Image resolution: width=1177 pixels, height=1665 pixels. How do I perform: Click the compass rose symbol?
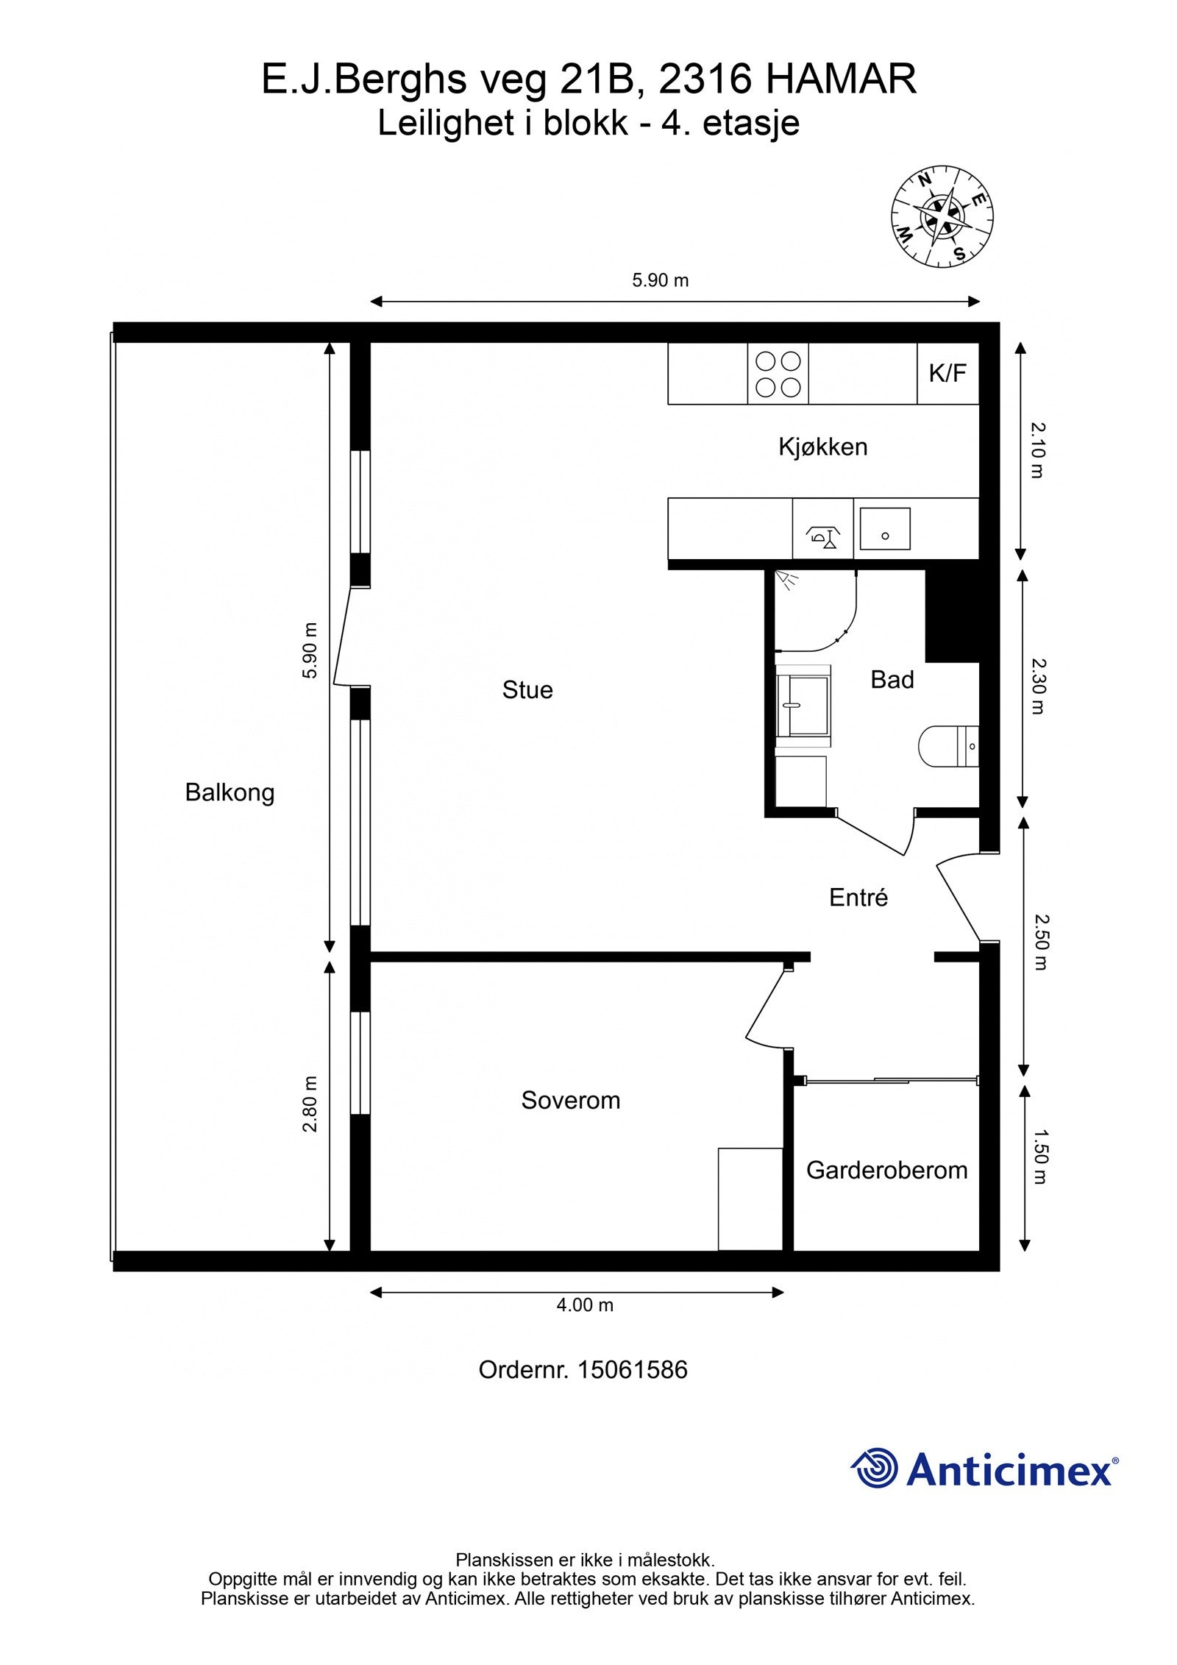[942, 216]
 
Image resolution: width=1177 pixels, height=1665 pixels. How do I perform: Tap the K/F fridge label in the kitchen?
[947, 373]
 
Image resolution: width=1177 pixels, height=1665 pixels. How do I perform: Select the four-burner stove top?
[778, 374]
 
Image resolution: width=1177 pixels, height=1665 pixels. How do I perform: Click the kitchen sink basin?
[885, 528]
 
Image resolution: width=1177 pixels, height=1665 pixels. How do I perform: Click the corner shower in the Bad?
[817, 610]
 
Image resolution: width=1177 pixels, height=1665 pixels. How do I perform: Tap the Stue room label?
[527, 689]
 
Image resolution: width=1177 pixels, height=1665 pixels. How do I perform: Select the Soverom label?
[571, 1100]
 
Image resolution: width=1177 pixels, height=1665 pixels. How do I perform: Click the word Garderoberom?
[887, 1170]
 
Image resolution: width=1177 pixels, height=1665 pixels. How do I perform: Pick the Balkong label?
[230, 793]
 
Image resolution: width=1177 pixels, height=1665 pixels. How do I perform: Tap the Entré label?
[858, 897]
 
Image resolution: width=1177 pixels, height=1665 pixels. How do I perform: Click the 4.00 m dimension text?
[585, 1304]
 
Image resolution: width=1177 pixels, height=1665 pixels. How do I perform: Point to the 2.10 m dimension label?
[1037, 450]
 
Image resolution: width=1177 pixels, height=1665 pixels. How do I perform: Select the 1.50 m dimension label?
[1039, 1157]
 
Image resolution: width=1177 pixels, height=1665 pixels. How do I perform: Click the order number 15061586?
[633, 1369]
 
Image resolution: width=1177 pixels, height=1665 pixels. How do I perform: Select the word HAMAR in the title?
[841, 79]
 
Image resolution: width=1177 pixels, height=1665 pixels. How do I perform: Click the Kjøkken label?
[823, 447]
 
